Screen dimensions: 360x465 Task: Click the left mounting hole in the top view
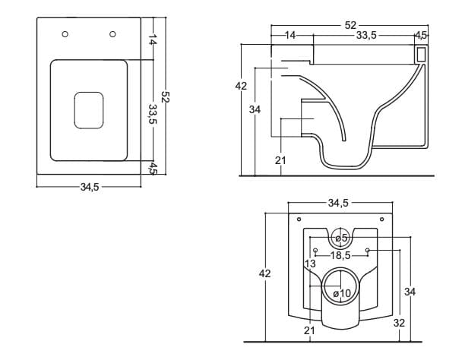point(65,34)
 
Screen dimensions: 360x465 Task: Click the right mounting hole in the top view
point(112,33)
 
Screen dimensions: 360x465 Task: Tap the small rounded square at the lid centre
point(88,110)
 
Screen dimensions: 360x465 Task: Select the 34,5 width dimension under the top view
point(90,185)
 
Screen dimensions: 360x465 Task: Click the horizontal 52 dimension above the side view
point(349,26)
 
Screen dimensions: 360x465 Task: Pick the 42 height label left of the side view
point(241,87)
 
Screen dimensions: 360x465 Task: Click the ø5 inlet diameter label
point(341,238)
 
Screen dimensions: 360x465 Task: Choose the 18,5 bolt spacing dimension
point(340,256)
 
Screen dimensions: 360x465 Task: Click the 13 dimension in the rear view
point(310,264)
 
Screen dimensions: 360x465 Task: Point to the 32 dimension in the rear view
point(399,322)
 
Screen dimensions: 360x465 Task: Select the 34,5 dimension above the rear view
point(338,203)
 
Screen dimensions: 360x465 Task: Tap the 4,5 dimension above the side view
point(420,35)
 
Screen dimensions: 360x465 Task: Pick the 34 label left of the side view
point(255,110)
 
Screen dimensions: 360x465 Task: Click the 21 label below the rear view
point(309,330)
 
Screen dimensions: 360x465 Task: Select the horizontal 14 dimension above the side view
point(290,35)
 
